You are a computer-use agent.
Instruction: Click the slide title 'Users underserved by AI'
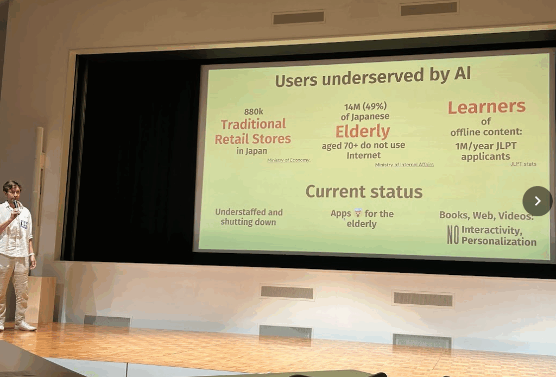(372, 76)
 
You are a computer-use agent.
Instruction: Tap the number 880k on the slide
(254, 112)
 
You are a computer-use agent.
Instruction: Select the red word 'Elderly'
(363, 131)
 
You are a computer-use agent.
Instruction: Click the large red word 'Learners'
(486, 107)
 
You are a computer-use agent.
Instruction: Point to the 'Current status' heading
(364, 192)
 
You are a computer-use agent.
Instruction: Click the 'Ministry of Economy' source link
(289, 160)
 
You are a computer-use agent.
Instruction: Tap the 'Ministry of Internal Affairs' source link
(404, 165)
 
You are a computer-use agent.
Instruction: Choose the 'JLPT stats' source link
(523, 164)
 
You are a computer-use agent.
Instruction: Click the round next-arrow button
(537, 201)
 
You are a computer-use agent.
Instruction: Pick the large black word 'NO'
(453, 235)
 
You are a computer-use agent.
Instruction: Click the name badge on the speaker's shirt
(24, 224)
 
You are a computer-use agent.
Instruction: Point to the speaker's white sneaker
(25, 326)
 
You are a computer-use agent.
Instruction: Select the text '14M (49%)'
(365, 106)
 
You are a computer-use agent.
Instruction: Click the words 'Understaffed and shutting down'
(249, 217)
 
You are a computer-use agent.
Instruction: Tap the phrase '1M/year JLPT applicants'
(486, 151)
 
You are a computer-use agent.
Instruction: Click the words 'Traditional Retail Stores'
(253, 131)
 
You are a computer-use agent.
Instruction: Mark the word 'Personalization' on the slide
(499, 241)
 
